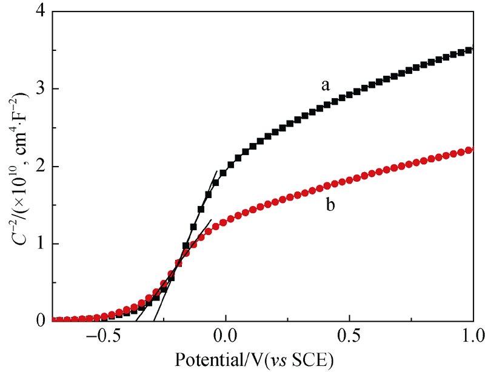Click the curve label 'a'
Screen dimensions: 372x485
(x=326, y=85)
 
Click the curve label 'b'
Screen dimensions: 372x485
(x=330, y=205)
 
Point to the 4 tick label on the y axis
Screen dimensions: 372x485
(x=39, y=12)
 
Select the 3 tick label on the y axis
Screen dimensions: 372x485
(x=39, y=89)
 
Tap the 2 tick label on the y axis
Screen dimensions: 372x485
(x=39, y=167)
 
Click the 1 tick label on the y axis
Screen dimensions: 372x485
(x=39, y=244)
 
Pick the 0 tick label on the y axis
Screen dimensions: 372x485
(x=39, y=321)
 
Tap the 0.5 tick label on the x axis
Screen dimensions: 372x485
(x=349, y=335)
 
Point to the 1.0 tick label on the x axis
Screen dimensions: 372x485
(x=472, y=335)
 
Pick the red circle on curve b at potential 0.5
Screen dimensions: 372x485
(x=349, y=181)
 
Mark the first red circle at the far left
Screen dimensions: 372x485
(x=53, y=320)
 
